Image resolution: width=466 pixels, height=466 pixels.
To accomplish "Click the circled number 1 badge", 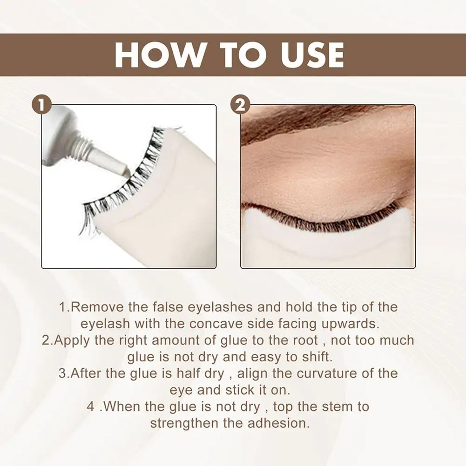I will pos(42,106).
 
